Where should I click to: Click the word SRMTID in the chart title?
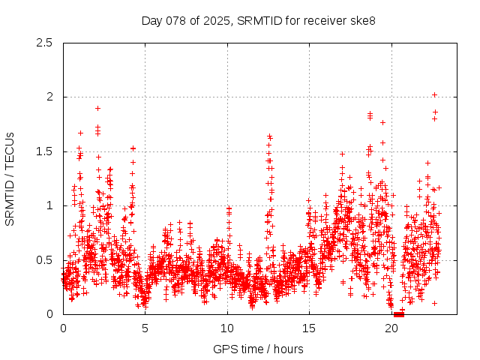pyautogui.click(x=256, y=20)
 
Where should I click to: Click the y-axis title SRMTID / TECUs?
pyautogui.click(x=10, y=178)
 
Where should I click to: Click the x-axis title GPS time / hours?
pyautogui.click(x=258, y=349)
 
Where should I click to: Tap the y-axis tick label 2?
pyautogui.click(x=49, y=97)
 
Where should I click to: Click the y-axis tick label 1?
pyautogui.click(x=49, y=205)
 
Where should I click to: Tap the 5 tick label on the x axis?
pyautogui.click(x=145, y=328)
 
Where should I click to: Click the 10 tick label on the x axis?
pyautogui.click(x=227, y=328)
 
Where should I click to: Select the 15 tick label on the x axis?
pyautogui.click(x=309, y=328)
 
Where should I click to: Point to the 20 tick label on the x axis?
pyautogui.click(x=391, y=328)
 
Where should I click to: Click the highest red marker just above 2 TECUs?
pyautogui.click(x=435, y=95)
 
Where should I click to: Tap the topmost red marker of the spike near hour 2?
pyautogui.click(x=97, y=108)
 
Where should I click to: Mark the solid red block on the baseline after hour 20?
pyautogui.click(x=398, y=313)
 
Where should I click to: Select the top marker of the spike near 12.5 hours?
pyautogui.click(x=269, y=136)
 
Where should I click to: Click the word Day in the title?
pyautogui.click(x=151, y=20)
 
